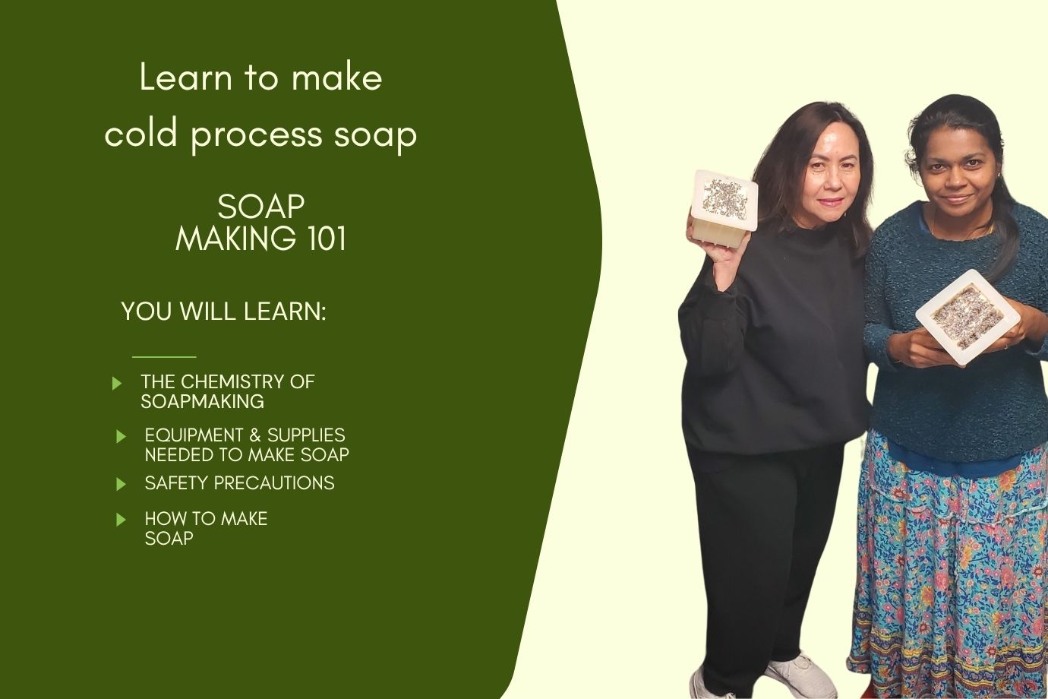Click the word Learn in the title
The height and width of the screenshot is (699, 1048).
[186, 77]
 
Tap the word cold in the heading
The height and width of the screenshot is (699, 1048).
[140, 134]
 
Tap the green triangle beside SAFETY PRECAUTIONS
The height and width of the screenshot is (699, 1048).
[121, 484]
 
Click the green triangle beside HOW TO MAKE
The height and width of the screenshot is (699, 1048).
[121, 520]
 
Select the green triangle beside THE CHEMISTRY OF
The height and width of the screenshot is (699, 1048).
[117, 384]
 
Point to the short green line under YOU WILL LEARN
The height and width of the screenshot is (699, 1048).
[164, 357]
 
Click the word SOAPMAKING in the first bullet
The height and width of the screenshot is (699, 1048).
[203, 402]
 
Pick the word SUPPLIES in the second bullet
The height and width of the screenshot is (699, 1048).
[306, 435]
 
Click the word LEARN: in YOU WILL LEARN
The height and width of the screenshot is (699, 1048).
[285, 311]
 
